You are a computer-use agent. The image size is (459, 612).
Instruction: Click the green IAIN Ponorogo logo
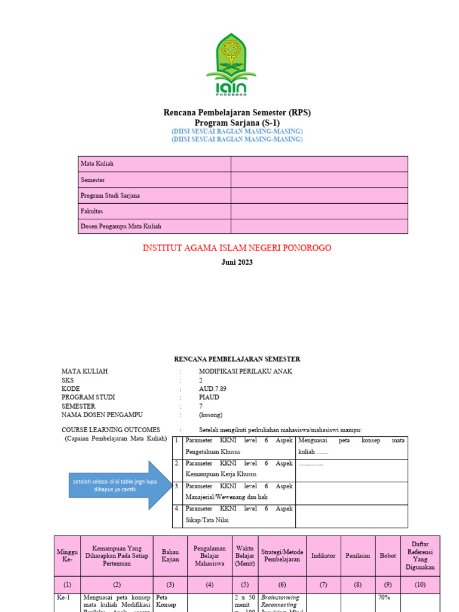231,65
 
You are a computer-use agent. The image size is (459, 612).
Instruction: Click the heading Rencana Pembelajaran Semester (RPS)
237,112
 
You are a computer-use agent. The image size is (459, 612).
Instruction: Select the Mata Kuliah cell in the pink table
97,164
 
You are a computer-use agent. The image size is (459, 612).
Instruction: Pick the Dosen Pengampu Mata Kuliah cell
121,227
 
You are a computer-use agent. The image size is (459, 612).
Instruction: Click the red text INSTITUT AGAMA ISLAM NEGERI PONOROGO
237,248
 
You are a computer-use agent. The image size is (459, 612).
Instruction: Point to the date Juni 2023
237,262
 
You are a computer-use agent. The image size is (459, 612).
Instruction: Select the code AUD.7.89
212,388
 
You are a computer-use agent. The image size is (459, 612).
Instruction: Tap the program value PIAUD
209,397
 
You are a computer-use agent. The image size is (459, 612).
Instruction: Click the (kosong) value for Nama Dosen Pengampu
211,414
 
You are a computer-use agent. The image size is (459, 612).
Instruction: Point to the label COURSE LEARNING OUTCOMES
111,430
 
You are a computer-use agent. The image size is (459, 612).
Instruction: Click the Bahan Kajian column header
170,555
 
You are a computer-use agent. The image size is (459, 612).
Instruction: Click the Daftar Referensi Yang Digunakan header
420,555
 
